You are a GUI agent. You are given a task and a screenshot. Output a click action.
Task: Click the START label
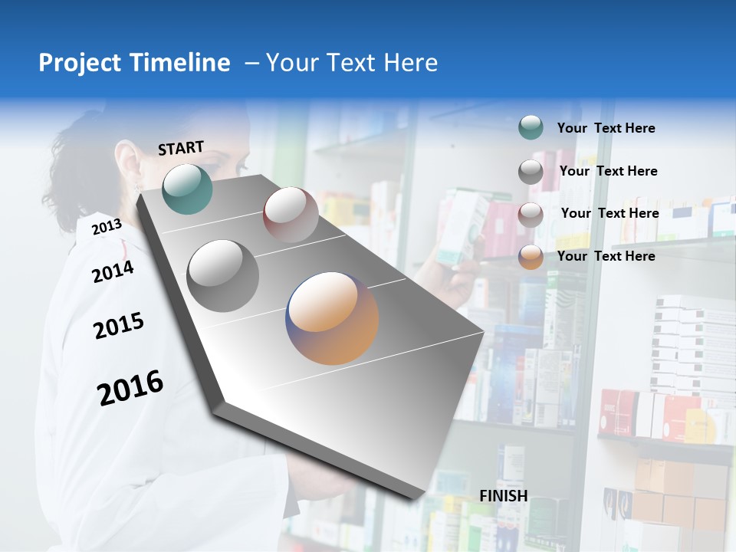181,147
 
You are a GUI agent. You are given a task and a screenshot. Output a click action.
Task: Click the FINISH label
503,496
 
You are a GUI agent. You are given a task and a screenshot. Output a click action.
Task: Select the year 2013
107,226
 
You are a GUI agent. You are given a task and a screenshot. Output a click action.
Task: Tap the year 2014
113,271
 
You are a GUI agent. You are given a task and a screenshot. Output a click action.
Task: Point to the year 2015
119,326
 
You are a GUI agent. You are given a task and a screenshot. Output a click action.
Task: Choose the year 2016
130,387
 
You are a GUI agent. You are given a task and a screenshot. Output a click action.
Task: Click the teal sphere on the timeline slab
187,189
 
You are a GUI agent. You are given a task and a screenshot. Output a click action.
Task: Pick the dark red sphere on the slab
291,215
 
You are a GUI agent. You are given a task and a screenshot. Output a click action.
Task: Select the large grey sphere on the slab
223,276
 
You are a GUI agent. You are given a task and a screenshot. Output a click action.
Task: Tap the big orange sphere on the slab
333,318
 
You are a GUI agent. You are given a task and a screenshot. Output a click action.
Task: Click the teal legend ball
531,127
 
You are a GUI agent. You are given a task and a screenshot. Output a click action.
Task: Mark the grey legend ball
531,172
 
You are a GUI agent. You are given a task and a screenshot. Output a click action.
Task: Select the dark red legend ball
531,215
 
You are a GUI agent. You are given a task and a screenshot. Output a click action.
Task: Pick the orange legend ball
531,257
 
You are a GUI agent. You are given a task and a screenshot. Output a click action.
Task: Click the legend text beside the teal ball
606,128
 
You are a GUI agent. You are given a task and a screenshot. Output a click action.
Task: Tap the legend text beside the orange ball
606,256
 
